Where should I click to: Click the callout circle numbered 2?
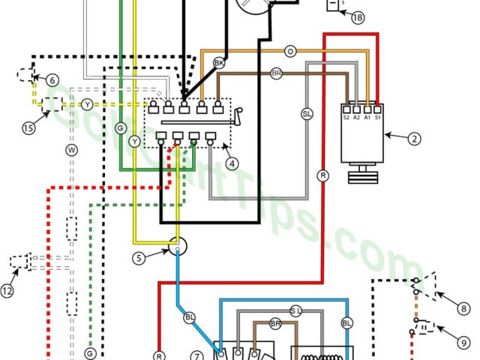(x=414, y=138)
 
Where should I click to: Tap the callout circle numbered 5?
(x=139, y=258)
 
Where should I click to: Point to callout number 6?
(x=52, y=80)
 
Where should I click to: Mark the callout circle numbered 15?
(x=28, y=128)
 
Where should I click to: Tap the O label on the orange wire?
(x=289, y=51)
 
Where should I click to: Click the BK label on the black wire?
(x=219, y=63)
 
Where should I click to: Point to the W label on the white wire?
(x=73, y=150)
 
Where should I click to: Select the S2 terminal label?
(x=346, y=117)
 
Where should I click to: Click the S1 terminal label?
(x=378, y=117)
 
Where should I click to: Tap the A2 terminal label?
(x=357, y=117)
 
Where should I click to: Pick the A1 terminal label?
(x=367, y=117)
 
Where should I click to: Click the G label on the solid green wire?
(x=120, y=128)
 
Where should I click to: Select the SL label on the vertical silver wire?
(x=306, y=113)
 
